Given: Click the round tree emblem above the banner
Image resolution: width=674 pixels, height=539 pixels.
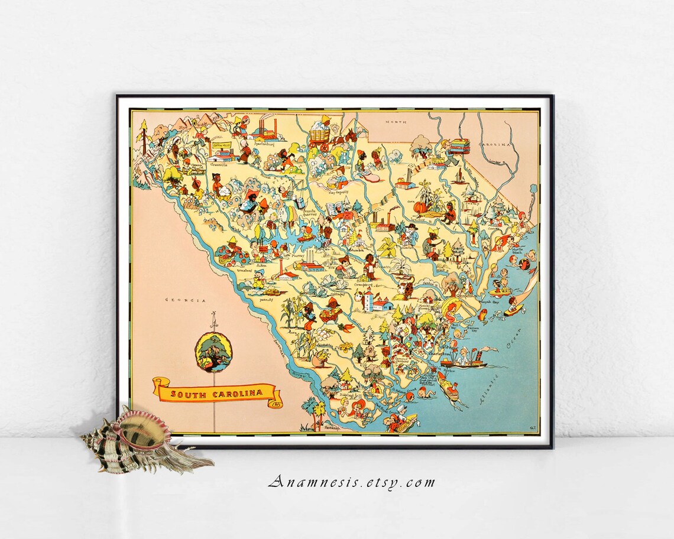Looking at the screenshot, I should [213, 352].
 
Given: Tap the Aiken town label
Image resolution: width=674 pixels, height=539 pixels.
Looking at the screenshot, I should [261, 265].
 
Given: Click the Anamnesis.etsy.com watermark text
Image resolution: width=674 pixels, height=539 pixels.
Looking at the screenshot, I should [351, 482].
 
